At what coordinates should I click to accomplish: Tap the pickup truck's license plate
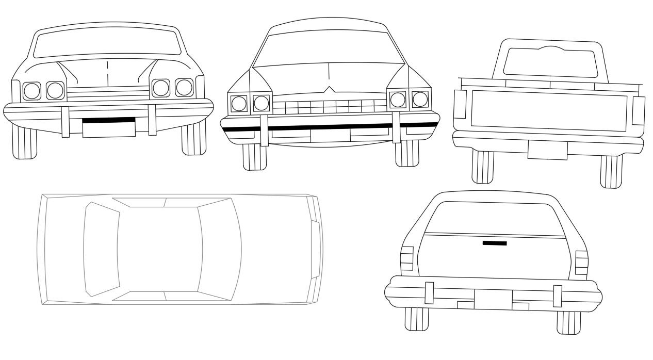point(547,150)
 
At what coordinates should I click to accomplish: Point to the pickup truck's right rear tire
point(611,170)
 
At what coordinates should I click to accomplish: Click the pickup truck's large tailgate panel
point(549,110)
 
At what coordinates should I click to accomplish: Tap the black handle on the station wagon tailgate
point(495,243)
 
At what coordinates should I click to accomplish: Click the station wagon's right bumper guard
point(557,295)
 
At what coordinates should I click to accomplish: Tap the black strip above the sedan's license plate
point(109,120)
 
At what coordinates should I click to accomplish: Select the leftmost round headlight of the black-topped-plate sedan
point(32,91)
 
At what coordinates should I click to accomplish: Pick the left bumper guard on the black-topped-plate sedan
point(66,122)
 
